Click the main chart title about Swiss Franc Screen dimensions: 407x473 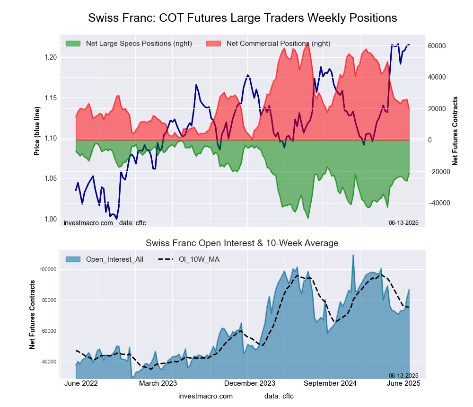pyautogui.click(x=242, y=18)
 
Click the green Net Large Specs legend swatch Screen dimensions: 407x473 pyautogui.click(x=73, y=44)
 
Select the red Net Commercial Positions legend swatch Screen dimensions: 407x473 pyautogui.click(x=214, y=44)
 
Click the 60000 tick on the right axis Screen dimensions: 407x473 pyautogui.click(x=438, y=46)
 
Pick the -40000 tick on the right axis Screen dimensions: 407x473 pyautogui.click(x=438, y=203)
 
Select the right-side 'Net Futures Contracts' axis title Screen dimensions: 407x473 pyautogui.click(x=455, y=131)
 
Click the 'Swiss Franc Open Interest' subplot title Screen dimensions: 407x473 pyautogui.click(x=242, y=243)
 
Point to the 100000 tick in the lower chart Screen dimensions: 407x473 pyautogui.click(x=47, y=269)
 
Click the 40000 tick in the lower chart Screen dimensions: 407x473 pyautogui.click(x=49, y=362)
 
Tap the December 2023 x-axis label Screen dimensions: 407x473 pyautogui.click(x=247, y=383)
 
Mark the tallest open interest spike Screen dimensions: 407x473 pyautogui.click(x=353, y=255)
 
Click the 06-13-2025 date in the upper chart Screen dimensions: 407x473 pyautogui.click(x=400, y=222)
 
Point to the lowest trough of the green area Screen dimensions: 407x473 pyautogui.click(x=308, y=218)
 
